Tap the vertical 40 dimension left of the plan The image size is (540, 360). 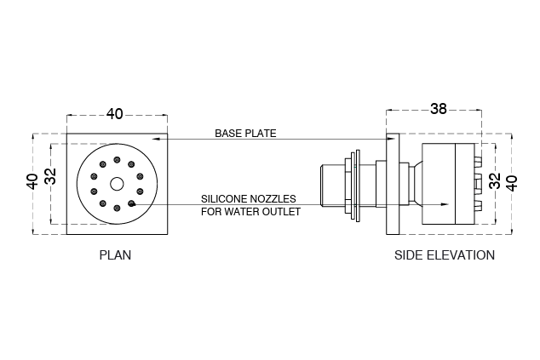(32, 180)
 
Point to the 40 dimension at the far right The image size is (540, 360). (511, 182)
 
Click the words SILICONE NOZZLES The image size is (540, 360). (249, 198)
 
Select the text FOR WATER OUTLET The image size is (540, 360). (250, 211)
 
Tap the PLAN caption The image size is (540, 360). (116, 254)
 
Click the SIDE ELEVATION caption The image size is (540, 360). (444, 254)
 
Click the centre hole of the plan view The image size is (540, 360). (117, 183)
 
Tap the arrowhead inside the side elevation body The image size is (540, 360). (445, 204)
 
